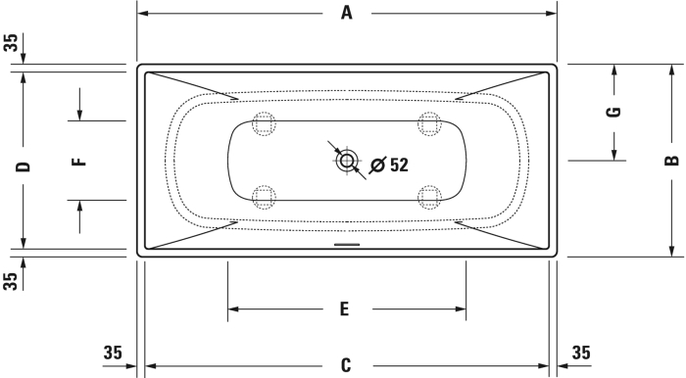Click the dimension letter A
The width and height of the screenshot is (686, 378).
pyautogui.click(x=347, y=13)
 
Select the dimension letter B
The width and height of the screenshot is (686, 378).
pyautogui.click(x=671, y=161)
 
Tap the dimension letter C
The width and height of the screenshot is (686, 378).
pyautogui.click(x=346, y=365)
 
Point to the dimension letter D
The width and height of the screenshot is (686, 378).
pyautogui.click(x=24, y=166)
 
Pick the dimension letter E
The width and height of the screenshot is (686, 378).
pyautogui.click(x=345, y=308)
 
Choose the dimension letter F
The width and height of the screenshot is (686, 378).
pyautogui.click(x=79, y=162)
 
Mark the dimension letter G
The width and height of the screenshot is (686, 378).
pyautogui.click(x=613, y=113)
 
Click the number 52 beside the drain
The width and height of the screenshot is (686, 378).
pyautogui.click(x=399, y=165)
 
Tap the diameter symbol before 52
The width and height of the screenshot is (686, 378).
pyautogui.click(x=378, y=165)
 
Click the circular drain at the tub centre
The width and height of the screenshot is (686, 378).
pyautogui.click(x=347, y=161)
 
